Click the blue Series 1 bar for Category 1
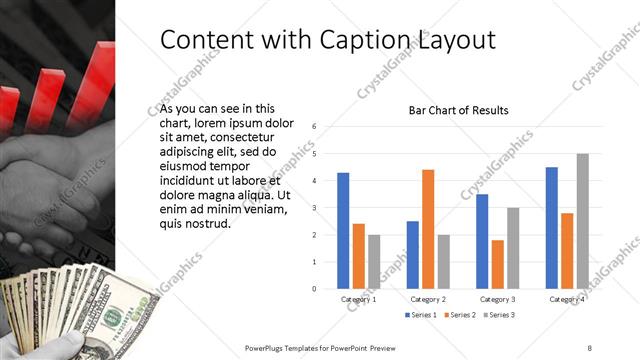click(343, 231)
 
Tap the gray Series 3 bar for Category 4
click(582, 221)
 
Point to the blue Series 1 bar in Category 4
click(552, 228)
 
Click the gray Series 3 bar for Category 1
click(373, 262)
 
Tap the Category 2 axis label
click(428, 300)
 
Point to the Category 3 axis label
click(497, 300)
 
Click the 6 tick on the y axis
click(315, 127)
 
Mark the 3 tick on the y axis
click(315, 208)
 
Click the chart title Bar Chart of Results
click(459, 110)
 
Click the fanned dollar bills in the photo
click(70, 300)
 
